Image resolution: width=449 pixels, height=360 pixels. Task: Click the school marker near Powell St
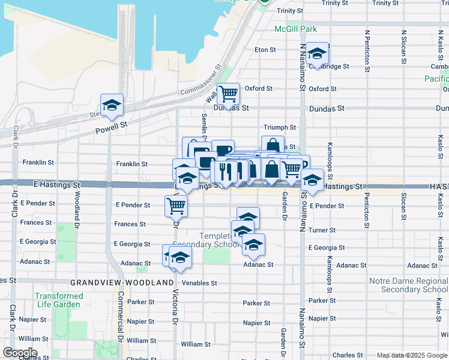click(x=112, y=106)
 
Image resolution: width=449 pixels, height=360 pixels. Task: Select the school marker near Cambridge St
click(x=317, y=55)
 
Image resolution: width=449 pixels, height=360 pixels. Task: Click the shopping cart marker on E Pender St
click(x=176, y=206)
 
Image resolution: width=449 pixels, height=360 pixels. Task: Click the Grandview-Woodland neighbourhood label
click(x=117, y=282)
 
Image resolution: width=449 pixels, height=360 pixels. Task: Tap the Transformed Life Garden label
click(x=59, y=300)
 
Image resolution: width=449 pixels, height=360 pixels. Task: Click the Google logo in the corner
click(x=19, y=353)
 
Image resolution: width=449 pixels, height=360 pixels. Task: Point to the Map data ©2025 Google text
click(x=411, y=355)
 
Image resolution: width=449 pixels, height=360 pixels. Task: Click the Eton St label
click(x=265, y=50)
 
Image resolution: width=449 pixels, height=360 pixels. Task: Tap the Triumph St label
click(x=280, y=128)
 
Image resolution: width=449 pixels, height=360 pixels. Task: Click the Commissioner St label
click(x=201, y=80)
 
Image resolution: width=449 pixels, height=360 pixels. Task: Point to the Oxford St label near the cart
click(x=259, y=89)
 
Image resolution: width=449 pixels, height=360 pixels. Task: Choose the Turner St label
click(x=322, y=230)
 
